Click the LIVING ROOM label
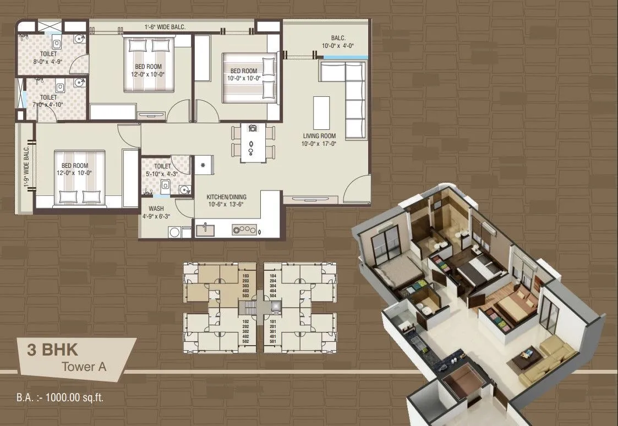pyautogui.click(x=319, y=136)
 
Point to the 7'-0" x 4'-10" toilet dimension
pyautogui.click(x=48, y=104)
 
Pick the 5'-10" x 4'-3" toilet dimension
pyautogui.click(x=162, y=173)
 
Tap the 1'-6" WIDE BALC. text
pyautogui.click(x=165, y=27)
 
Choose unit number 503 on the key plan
pyautogui.click(x=246, y=296)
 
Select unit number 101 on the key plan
pyautogui.click(x=273, y=321)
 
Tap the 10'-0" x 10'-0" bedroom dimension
pyautogui.click(x=243, y=78)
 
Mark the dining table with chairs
pyautogui.click(x=252, y=142)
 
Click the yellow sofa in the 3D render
pyautogui.click(x=548, y=361)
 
